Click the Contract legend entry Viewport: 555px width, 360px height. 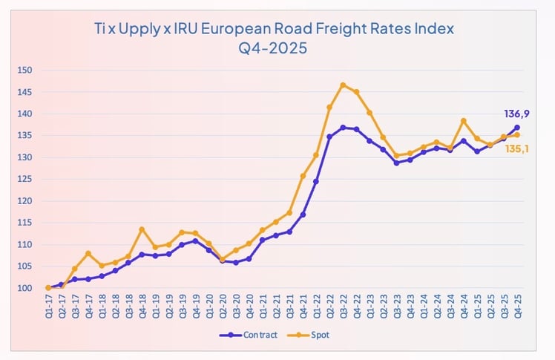pos(249,336)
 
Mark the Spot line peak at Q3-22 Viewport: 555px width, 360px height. pos(343,85)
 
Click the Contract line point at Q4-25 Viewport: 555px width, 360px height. pos(517,127)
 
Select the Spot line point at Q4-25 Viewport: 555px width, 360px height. pos(517,135)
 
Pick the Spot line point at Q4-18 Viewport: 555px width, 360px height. pos(142,229)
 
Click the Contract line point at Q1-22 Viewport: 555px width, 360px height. pos(316,181)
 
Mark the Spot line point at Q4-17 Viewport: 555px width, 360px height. pos(88,253)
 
